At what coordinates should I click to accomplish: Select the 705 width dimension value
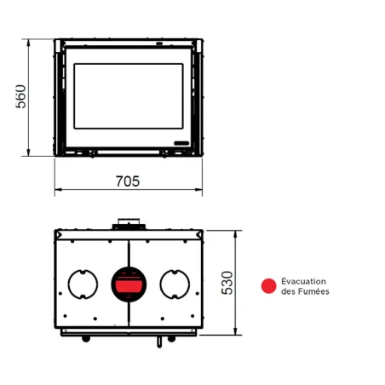pyautogui.click(x=127, y=181)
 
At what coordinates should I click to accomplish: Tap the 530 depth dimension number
pyautogui.click(x=227, y=284)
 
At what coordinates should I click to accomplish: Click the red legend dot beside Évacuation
pyautogui.click(x=268, y=286)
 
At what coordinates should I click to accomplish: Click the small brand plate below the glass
pyautogui.click(x=181, y=141)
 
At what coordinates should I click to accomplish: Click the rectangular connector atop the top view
pyautogui.click(x=130, y=224)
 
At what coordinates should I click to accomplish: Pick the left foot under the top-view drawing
pyautogui.click(x=84, y=339)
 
